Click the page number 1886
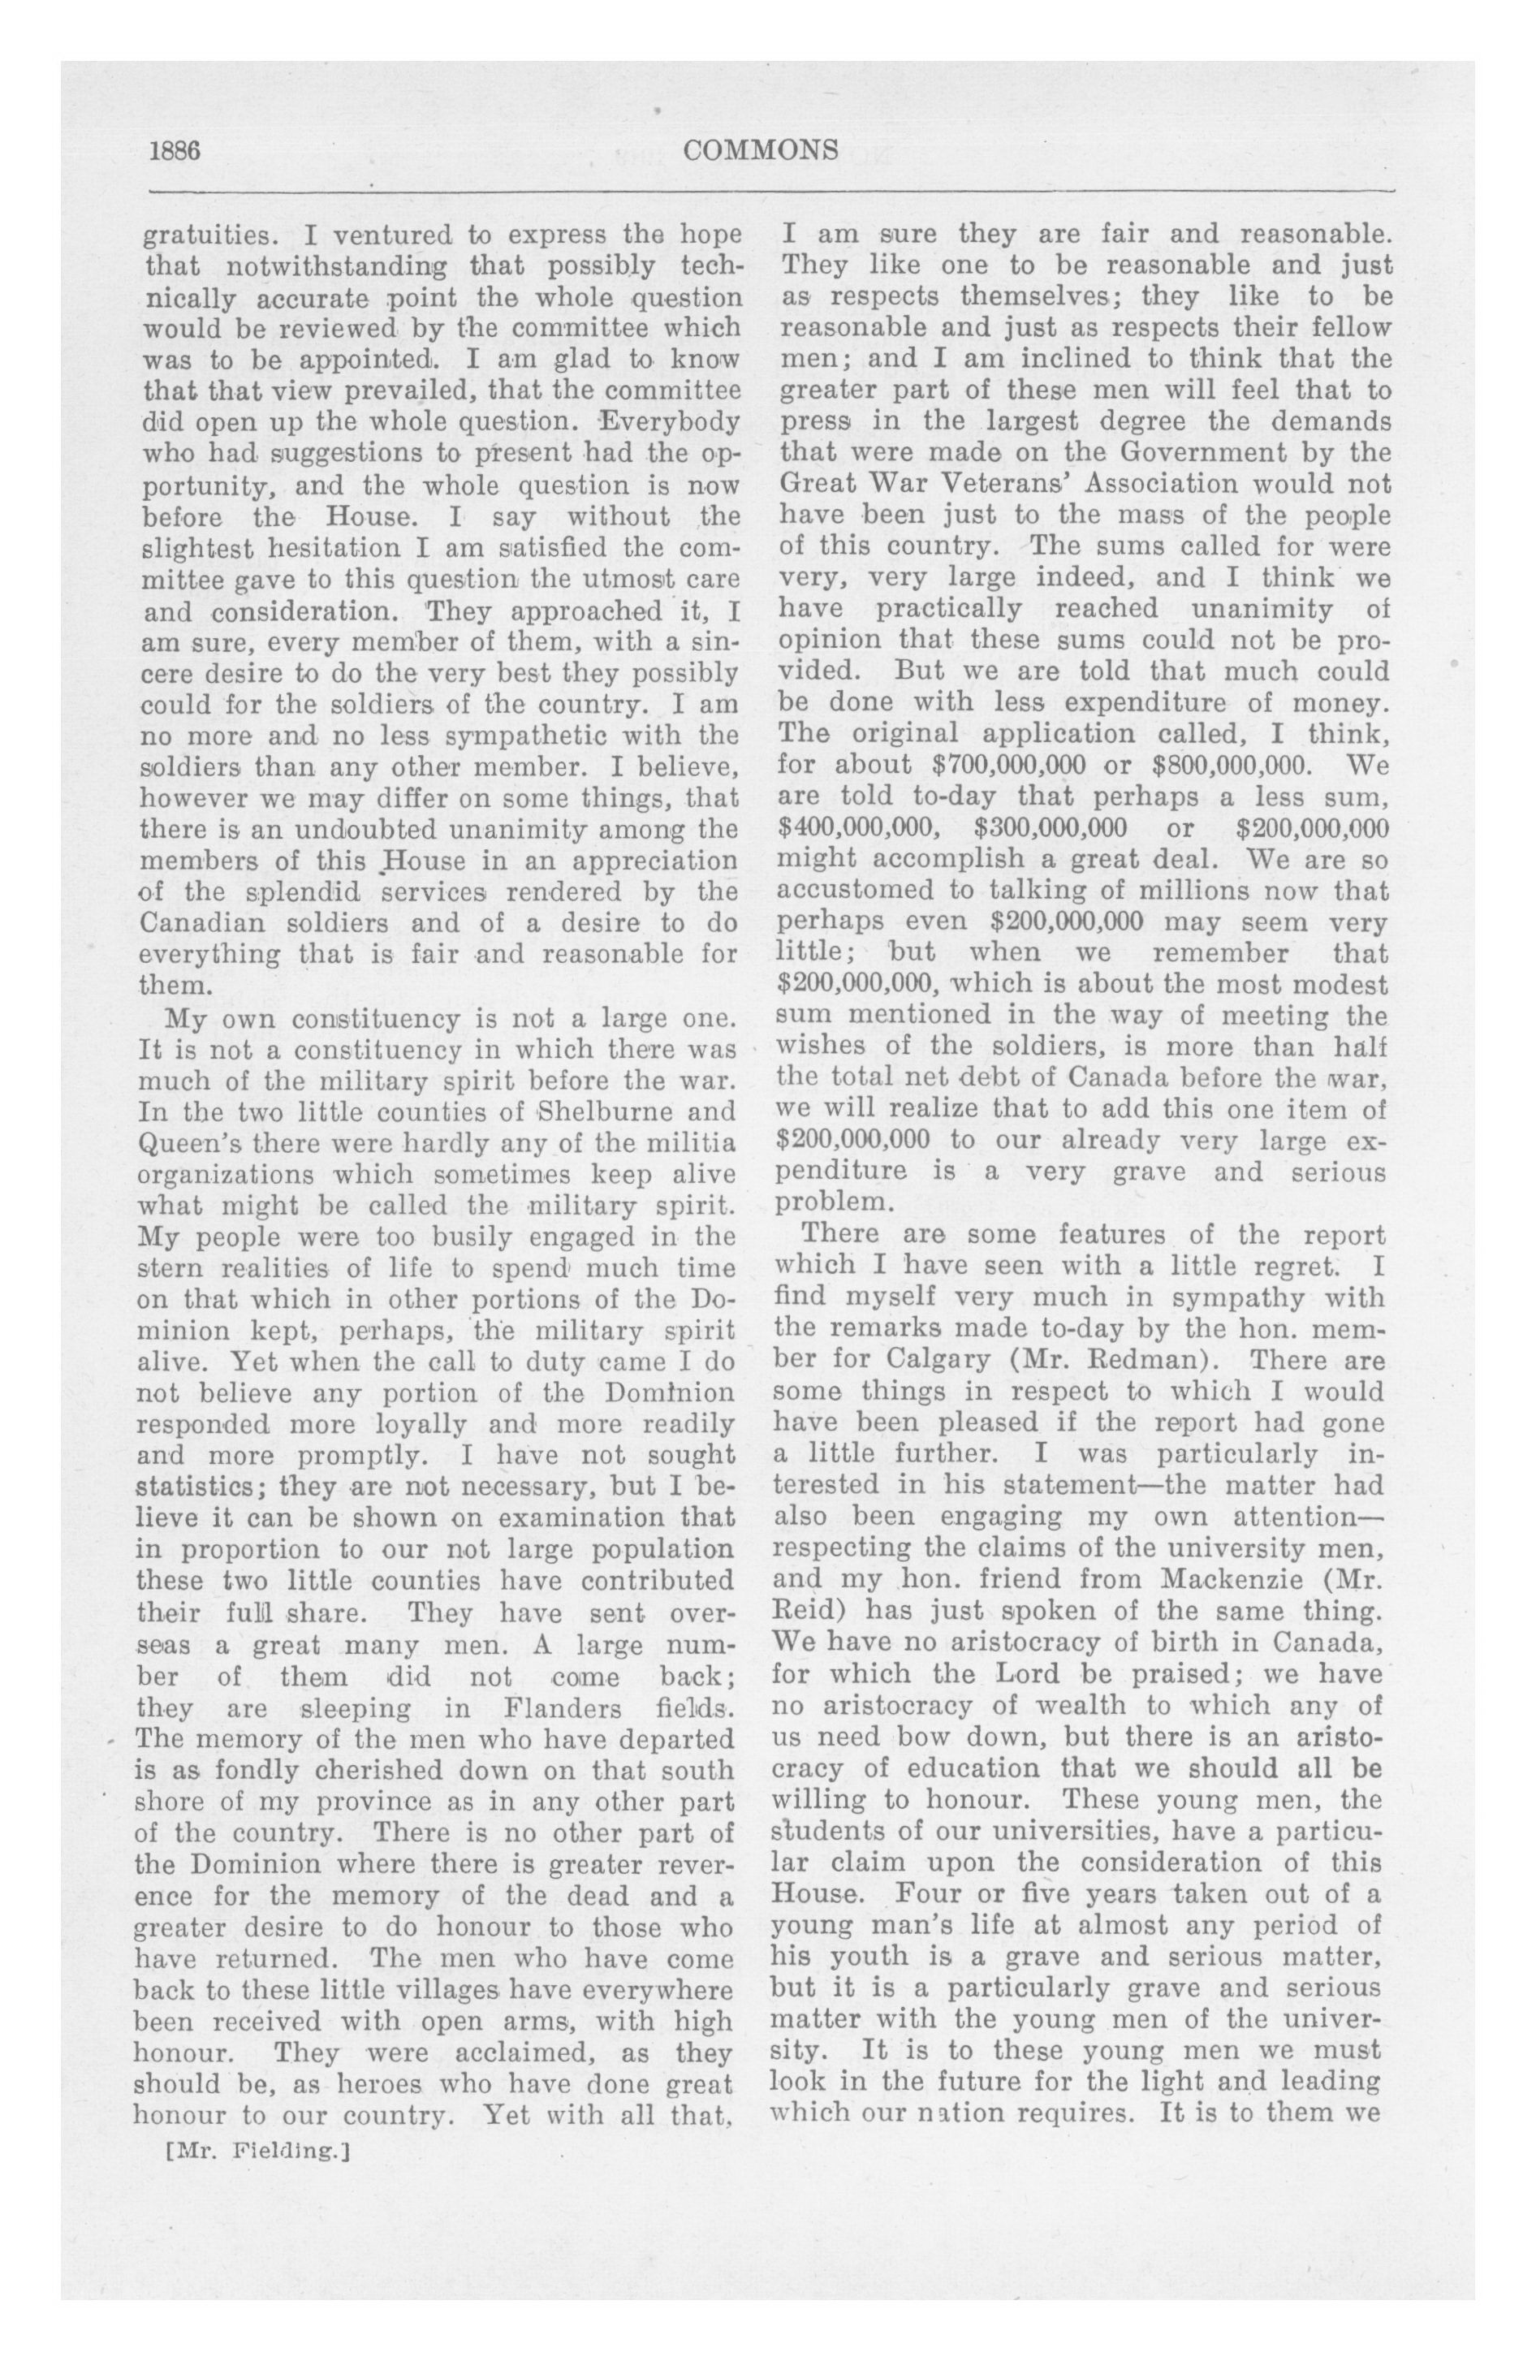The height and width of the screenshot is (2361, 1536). tap(175, 151)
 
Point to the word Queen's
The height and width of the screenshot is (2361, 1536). tap(177, 1143)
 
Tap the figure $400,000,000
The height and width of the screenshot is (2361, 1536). tap(856, 827)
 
